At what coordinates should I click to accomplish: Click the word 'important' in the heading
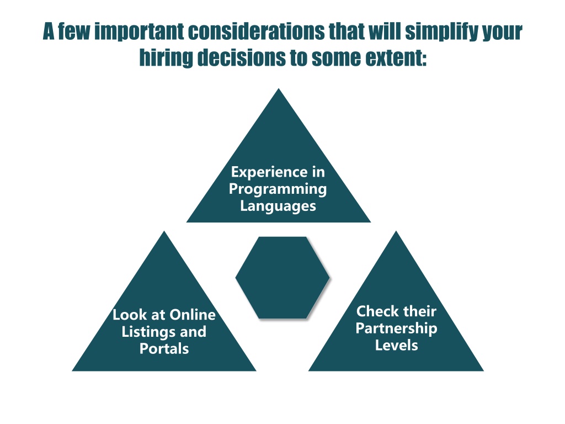point(139,31)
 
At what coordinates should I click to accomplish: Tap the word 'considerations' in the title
point(256,31)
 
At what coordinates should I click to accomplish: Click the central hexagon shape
point(282,278)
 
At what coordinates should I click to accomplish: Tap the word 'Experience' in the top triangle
point(266,172)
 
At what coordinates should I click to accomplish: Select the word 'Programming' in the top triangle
point(278,189)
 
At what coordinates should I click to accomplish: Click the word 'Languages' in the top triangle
point(278,206)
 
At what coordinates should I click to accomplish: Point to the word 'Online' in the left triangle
point(193,315)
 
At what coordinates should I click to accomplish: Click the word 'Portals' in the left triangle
point(164,349)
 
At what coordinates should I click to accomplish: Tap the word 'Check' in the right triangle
point(377,311)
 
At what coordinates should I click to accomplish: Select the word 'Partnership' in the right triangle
point(396,328)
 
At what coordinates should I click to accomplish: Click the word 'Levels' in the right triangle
point(396,346)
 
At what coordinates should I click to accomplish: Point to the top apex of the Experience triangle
point(279,88)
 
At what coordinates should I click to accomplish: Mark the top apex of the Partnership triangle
point(396,231)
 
